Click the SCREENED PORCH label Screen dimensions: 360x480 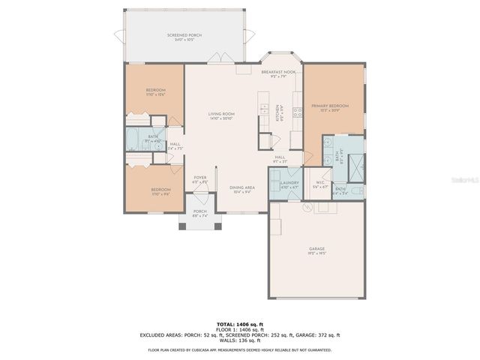(x=184, y=37)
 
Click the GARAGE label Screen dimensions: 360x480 (x=317, y=250)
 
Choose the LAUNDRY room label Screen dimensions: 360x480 (x=289, y=184)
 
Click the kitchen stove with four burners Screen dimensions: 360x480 (x=297, y=112)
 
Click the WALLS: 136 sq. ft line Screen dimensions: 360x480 (x=240, y=341)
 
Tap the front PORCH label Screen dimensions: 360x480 (x=199, y=213)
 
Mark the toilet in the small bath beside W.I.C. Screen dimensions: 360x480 (x=355, y=190)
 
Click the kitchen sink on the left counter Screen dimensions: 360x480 (x=265, y=111)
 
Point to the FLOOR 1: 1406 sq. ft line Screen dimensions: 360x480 (x=240, y=328)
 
